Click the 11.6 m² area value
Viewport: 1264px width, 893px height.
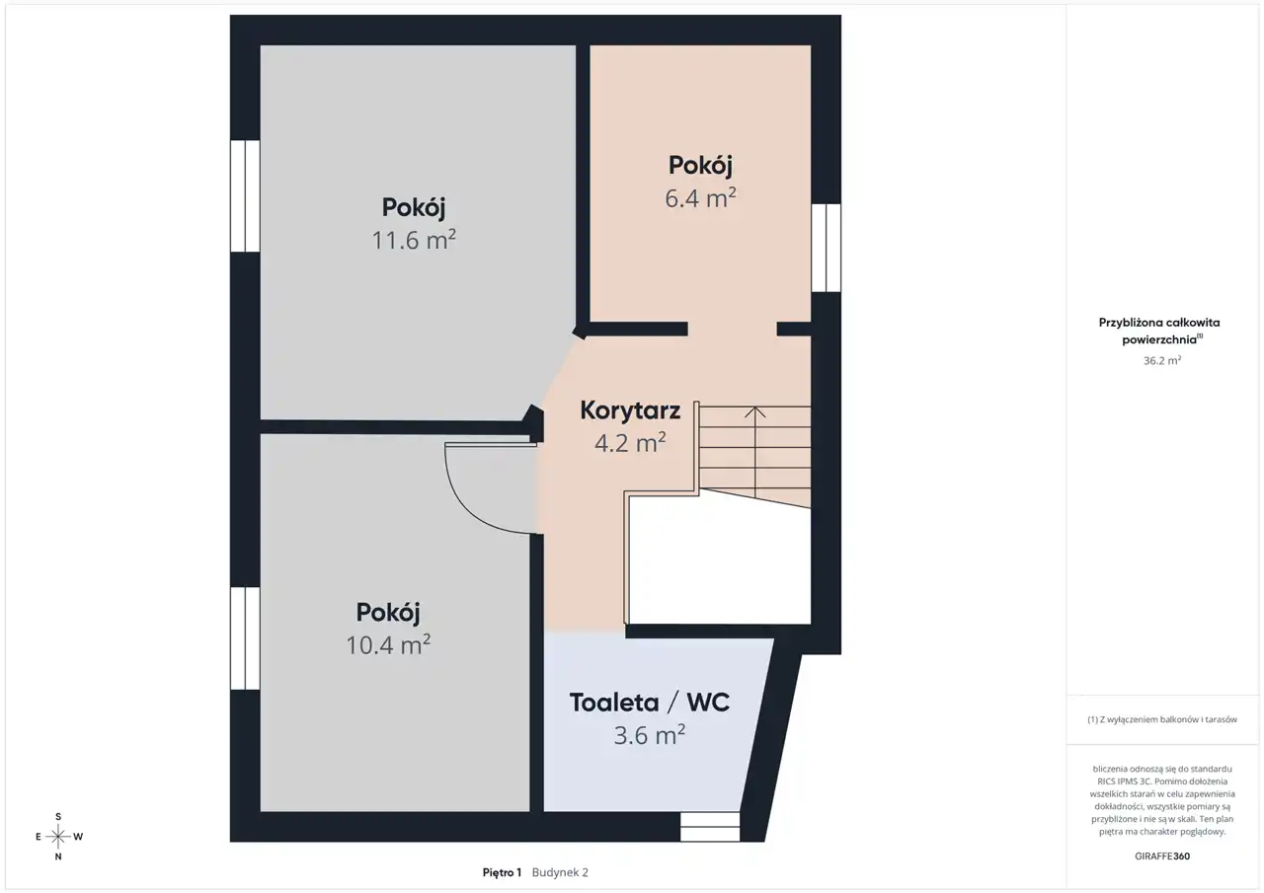point(414,240)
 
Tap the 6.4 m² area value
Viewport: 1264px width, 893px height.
point(700,198)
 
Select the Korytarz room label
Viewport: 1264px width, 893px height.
point(630,410)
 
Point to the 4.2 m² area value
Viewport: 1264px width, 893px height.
point(630,443)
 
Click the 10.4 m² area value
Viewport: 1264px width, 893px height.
point(388,644)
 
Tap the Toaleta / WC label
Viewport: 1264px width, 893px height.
point(650,703)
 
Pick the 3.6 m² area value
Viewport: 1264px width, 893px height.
point(650,734)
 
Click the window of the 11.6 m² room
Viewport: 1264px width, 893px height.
point(245,195)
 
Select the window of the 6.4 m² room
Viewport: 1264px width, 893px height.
point(827,248)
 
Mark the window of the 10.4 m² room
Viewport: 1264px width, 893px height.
point(245,638)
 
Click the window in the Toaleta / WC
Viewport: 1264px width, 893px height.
point(710,827)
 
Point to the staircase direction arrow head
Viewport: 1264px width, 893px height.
point(755,411)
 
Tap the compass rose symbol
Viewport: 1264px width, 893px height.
point(58,837)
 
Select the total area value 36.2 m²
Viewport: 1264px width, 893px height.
point(1162,360)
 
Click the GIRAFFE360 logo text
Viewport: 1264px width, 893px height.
point(1162,856)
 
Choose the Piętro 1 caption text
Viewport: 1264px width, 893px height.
point(502,872)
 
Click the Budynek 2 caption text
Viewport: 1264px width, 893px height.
point(560,872)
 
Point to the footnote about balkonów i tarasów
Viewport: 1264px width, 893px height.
point(1162,719)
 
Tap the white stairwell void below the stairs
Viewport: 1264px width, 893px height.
point(720,563)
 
